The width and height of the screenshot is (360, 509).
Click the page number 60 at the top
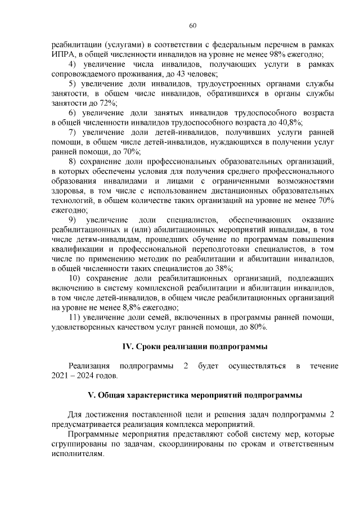point(192,25)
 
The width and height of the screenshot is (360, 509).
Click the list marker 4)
point(72,65)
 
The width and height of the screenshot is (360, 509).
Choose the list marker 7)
point(72,133)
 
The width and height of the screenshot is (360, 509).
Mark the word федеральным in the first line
point(232,45)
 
